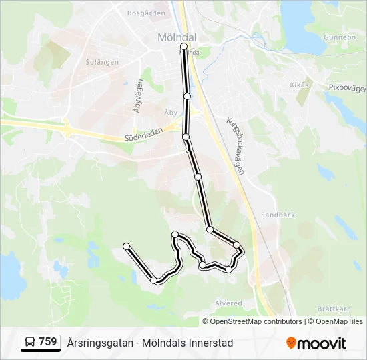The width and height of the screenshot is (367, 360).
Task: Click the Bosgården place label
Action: pos(145,13)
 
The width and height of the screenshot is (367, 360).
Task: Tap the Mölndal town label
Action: pos(175,37)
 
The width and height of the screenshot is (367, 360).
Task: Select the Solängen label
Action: pos(103,62)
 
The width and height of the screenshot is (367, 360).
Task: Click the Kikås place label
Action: pos(300,85)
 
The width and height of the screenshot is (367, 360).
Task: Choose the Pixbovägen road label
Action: pos(348,88)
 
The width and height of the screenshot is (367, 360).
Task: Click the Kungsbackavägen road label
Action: pos(236,146)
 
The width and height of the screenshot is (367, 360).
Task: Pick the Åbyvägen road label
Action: pos(139,95)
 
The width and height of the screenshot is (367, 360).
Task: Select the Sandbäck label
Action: pos(274,215)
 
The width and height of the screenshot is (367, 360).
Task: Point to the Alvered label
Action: pos(228,303)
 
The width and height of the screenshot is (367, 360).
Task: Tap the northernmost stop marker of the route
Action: pos(183,47)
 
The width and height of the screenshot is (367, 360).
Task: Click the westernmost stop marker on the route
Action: pos(127,247)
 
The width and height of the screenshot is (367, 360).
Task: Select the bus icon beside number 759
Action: pos(30,343)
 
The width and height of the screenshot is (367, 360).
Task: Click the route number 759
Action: pos(48,342)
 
